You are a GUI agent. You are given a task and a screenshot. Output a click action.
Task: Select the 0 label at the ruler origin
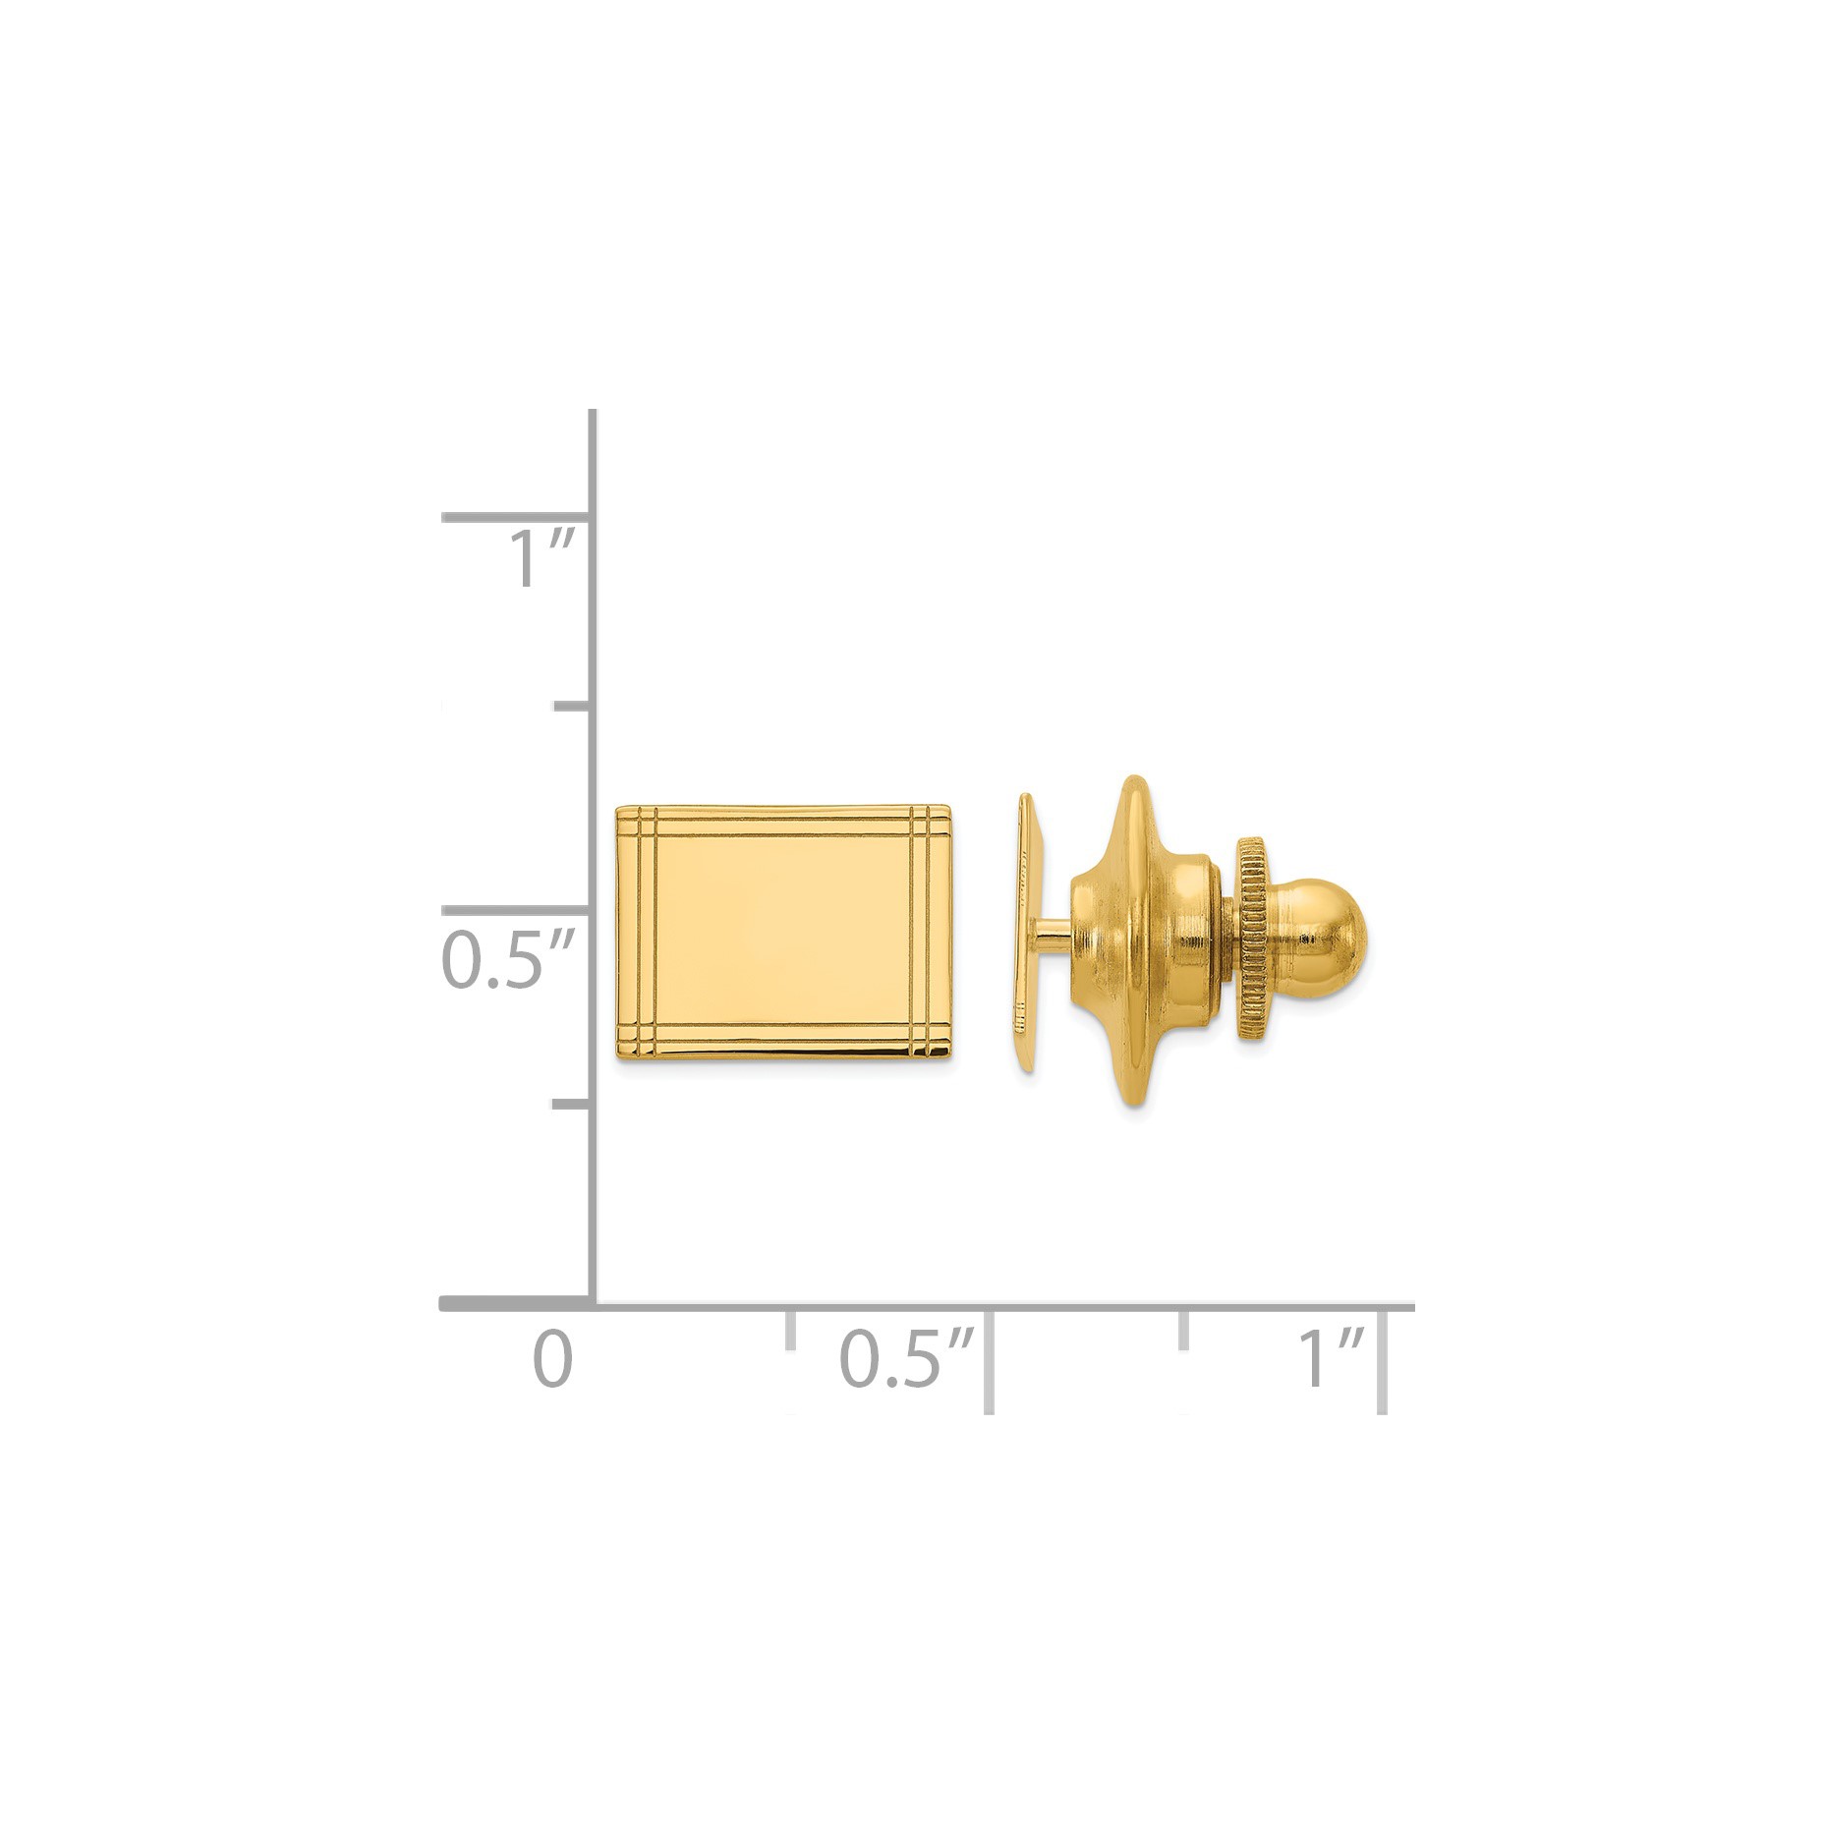pyautogui.click(x=552, y=1359)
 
